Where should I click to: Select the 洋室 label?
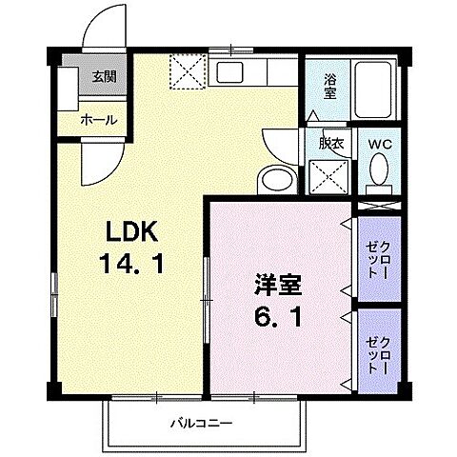pos(271,283)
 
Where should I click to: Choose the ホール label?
pos(99,120)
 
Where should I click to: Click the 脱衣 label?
pos(331,145)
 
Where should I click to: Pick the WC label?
pos(380,145)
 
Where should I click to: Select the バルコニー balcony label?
pos(202,422)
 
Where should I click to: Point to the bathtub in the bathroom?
pos(375,94)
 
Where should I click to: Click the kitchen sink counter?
pos(246,72)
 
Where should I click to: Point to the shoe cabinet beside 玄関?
pos(68,91)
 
